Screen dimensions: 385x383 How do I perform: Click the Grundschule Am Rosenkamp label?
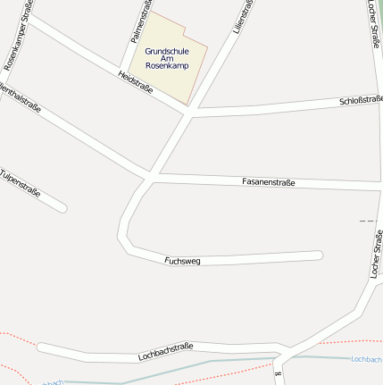pos(167,58)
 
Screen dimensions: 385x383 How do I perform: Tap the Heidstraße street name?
pos(136,82)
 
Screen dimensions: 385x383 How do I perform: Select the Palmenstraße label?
pos(138,21)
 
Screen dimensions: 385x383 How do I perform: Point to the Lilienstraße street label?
pos(242,17)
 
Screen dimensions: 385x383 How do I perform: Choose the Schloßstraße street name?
pos(361,100)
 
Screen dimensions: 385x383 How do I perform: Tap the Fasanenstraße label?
pos(268,181)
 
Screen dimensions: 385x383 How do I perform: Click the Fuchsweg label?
pos(183,261)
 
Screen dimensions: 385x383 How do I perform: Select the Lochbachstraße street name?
pos(166,351)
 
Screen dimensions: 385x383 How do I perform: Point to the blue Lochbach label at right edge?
pos(366,359)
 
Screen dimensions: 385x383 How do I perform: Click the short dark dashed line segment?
pos(367,220)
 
